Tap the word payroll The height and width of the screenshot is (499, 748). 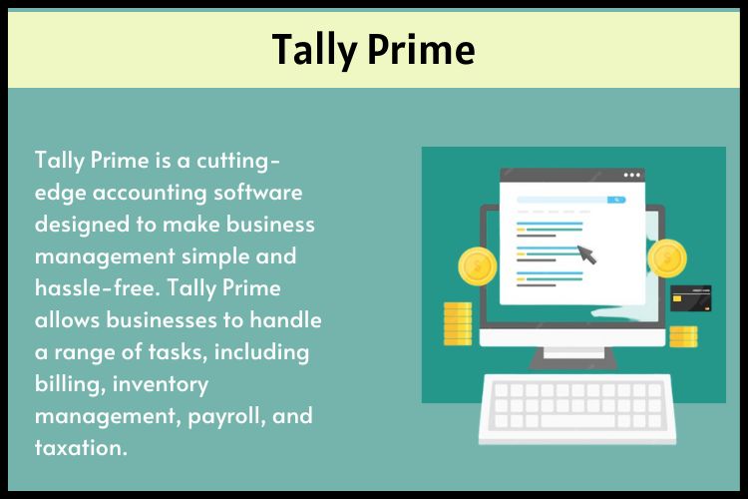click(x=221, y=418)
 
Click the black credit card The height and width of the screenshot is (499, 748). click(x=691, y=297)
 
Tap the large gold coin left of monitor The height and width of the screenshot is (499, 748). click(x=477, y=266)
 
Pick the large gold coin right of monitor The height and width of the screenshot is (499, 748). click(x=666, y=259)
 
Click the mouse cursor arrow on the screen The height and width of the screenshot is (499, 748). click(x=587, y=255)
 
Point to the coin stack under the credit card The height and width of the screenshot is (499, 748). click(x=684, y=335)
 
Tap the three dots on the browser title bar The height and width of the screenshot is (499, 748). click(x=632, y=176)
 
